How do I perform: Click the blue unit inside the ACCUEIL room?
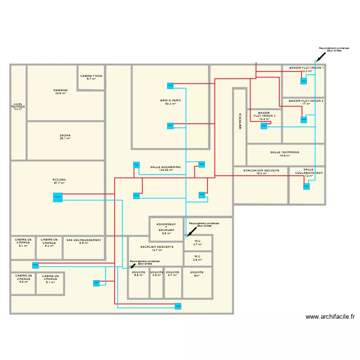[x=58, y=197]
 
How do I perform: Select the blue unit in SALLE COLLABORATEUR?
[x=306, y=186]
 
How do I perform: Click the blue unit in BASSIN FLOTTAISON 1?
[x=303, y=81]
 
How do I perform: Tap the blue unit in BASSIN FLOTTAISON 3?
[x=264, y=126]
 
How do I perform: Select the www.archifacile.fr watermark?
[x=330, y=317]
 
